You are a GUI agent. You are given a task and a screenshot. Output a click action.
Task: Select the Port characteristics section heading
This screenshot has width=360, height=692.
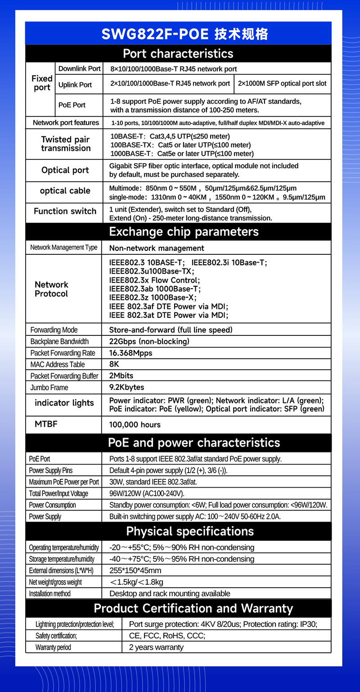point(178,54)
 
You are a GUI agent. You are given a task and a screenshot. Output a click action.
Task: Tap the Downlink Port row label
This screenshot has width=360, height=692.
point(79,68)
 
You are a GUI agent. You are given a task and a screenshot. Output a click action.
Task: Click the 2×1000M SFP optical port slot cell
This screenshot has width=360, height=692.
point(283,84)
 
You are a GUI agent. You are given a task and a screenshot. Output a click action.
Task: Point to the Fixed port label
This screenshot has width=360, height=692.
point(42,83)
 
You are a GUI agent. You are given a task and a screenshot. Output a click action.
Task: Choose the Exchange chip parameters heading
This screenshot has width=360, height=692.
point(184,231)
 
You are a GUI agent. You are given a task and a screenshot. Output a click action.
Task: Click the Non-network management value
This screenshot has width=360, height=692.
point(157,248)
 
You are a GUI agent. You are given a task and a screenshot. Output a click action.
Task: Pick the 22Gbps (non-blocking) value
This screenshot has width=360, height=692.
point(149,341)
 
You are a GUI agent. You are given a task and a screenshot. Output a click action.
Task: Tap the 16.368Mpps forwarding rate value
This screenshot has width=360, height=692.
point(130,353)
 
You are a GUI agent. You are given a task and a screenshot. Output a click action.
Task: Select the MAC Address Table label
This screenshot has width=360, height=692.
point(58,365)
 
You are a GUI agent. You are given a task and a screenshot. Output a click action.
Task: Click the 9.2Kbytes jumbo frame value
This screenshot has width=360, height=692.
point(126,387)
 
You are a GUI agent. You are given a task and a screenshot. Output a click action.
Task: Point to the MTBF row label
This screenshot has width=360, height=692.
point(46,424)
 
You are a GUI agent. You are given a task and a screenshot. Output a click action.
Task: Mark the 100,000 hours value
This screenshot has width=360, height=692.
point(135,425)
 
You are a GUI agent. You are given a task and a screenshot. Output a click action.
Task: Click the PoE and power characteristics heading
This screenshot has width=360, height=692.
point(194,443)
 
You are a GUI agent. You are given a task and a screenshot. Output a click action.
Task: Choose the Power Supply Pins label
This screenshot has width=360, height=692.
point(50,470)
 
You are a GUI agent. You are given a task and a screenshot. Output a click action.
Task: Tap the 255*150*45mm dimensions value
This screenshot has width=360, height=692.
point(135,570)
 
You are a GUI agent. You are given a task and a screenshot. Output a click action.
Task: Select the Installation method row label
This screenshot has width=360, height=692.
point(49,593)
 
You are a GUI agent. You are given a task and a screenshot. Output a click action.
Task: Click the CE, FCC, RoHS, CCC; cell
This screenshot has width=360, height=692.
point(167,636)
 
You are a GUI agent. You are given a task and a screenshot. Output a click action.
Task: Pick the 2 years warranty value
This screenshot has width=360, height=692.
point(156,647)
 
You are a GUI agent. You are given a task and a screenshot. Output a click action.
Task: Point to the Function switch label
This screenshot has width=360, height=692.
point(65,211)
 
